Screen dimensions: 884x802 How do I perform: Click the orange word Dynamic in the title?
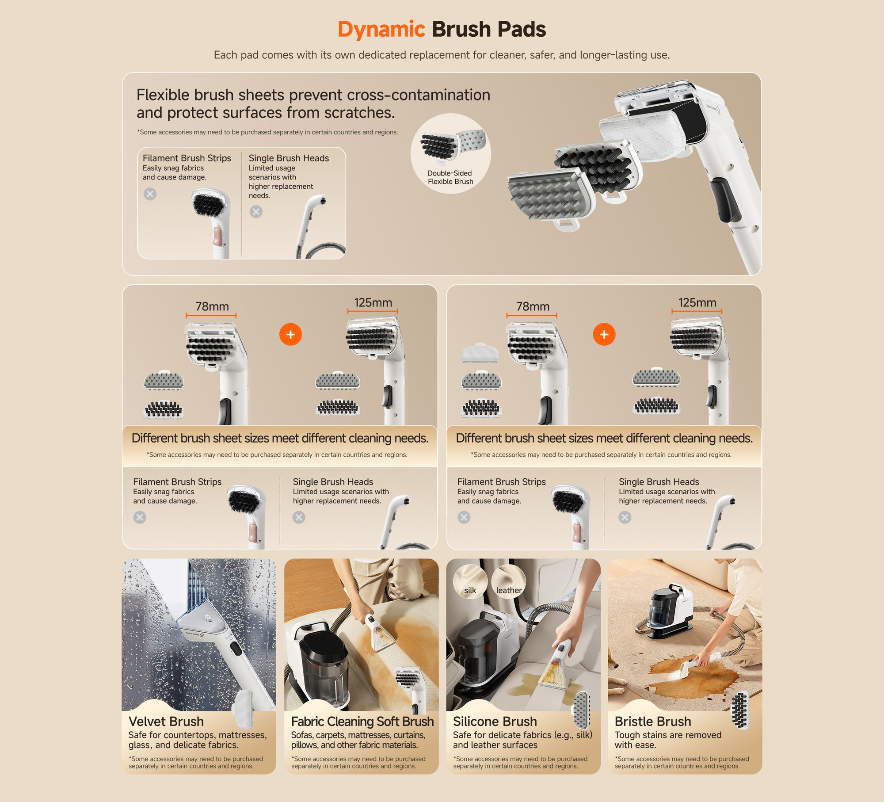click(x=381, y=30)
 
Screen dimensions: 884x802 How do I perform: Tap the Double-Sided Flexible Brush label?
click(x=450, y=177)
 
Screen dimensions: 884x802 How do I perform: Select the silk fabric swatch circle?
click(x=470, y=581)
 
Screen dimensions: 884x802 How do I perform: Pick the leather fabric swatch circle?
click(x=509, y=581)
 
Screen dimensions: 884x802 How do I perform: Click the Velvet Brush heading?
click(x=166, y=722)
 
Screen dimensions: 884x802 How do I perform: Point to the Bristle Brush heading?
click(x=653, y=722)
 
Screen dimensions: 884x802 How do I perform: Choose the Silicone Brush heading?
click(x=495, y=722)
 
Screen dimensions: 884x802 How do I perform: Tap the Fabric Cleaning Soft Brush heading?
click(x=362, y=722)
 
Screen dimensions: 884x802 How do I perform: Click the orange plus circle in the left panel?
click(x=290, y=334)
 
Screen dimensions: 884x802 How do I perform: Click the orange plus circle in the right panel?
click(x=604, y=334)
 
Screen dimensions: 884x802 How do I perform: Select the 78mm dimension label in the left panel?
click(x=212, y=306)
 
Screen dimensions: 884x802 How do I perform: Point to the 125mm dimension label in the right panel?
click(x=697, y=302)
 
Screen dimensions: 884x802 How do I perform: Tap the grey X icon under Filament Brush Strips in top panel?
click(x=150, y=194)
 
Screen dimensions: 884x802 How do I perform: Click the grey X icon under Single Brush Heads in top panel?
click(x=256, y=212)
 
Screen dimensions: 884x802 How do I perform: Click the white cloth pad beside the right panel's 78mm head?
click(x=480, y=353)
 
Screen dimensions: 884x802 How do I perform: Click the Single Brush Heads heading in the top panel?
click(x=289, y=158)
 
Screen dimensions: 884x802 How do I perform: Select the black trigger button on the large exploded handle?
click(x=725, y=200)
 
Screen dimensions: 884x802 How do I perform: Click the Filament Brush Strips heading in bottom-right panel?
click(x=502, y=482)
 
